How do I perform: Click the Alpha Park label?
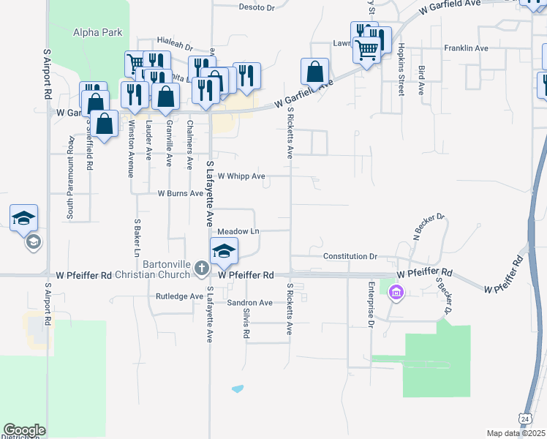[x=97, y=32]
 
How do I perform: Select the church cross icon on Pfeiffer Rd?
[x=202, y=270]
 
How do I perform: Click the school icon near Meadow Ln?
[x=225, y=250]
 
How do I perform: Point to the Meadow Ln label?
[x=238, y=231]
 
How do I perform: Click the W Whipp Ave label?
[x=241, y=176]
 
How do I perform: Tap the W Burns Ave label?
[x=181, y=194]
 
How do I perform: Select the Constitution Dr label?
[x=350, y=257]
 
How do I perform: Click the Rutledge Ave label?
[x=179, y=296]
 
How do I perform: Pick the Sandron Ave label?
[x=249, y=302]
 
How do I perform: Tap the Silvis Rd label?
[x=246, y=323]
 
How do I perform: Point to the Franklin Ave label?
[x=466, y=48]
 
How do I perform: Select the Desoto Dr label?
[x=256, y=7]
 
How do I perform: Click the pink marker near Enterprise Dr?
[x=397, y=294]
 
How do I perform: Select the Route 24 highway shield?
[x=524, y=417]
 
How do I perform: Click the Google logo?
[x=24, y=430]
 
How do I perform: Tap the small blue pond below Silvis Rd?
[x=237, y=389]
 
